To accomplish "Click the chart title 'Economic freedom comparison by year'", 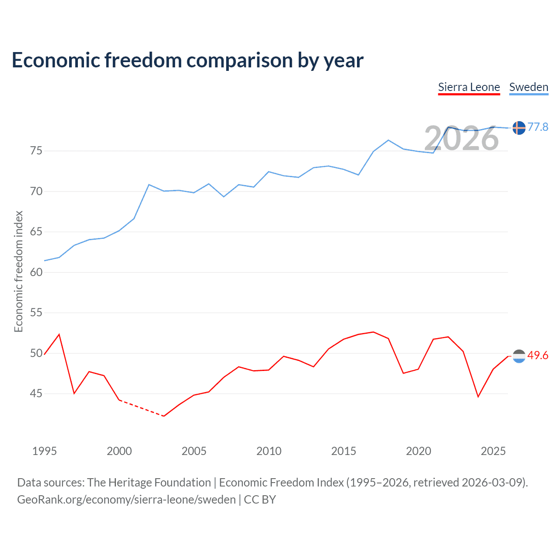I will [187, 60].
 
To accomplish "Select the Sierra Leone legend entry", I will [469, 87].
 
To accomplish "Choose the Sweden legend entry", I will [528, 87].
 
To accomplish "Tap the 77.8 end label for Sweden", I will [538, 127].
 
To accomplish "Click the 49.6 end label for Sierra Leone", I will [538, 355].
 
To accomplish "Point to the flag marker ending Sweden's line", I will [519, 128].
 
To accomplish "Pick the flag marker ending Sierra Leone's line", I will [519, 356].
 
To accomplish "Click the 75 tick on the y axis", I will [36, 151].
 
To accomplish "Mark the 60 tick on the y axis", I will [36, 272].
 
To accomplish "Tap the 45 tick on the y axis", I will [36, 394].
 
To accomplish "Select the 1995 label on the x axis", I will [44, 451].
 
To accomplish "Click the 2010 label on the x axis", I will [269, 451].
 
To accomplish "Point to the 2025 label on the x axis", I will [493, 451].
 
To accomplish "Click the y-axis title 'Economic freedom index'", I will [18, 271].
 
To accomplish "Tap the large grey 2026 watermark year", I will [461, 138].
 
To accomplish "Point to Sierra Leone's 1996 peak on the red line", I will [59, 334].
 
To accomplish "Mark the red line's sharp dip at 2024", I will [478, 397].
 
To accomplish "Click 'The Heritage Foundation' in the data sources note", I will [149, 483].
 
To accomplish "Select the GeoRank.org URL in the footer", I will [126, 500].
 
